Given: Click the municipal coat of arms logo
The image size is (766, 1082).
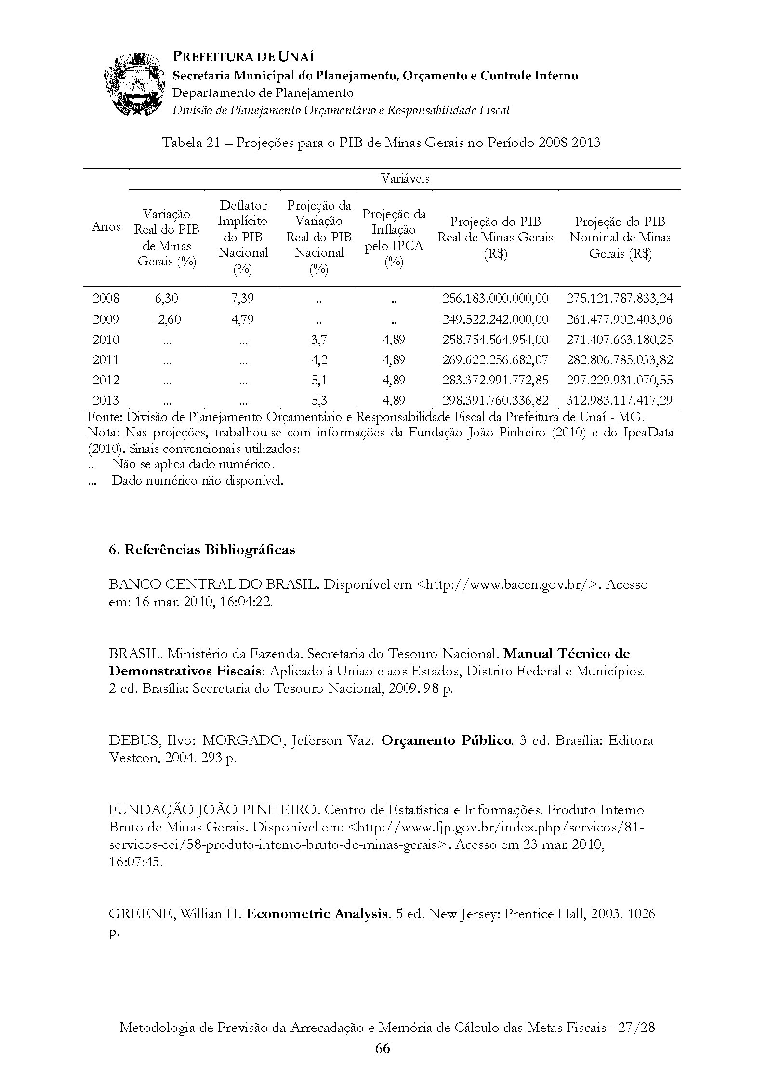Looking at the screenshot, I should pyautogui.click(x=133, y=85).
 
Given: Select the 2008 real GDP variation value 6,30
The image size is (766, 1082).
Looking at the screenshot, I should pyautogui.click(x=166, y=299).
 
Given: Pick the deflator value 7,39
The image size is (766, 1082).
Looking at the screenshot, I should pyautogui.click(x=242, y=299).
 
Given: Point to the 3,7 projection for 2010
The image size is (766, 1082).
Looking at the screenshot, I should pyautogui.click(x=319, y=340).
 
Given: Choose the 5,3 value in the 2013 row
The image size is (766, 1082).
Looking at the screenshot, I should pyautogui.click(x=319, y=400).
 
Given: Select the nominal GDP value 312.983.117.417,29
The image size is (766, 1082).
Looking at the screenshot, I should pyautogui.click(x=620, y=400).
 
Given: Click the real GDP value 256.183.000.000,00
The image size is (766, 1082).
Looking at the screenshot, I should pyautogui.click(x=495, y=299).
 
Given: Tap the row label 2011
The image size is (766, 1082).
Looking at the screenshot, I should pyautogui.click(x=106, y=360).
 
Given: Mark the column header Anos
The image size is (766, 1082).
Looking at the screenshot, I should pyautogui.click(x=106, y=227).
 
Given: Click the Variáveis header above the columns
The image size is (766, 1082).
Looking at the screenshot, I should pyautogui.click(x=405, y=179).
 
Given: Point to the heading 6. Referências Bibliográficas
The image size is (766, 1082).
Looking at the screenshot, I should pyautogui.click(x=202, y=550).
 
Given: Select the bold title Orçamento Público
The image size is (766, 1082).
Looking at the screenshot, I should pyautogui.click(x=447, y=740).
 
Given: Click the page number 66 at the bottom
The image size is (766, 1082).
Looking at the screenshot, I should pyautogui.click(x=383, y=1048).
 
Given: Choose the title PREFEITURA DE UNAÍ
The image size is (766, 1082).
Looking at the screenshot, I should pyautogui.click(x=243, y=57).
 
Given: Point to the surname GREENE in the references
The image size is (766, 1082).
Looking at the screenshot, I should pyautogui.click(x=140, y=914).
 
